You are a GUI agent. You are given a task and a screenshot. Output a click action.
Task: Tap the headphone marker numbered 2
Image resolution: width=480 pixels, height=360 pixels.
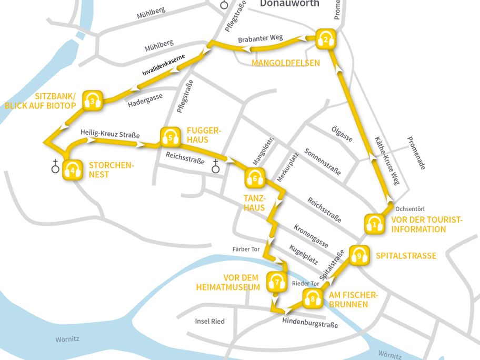pos(326,38)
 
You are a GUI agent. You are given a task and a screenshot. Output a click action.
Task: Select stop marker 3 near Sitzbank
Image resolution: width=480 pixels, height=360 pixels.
pos(93,101)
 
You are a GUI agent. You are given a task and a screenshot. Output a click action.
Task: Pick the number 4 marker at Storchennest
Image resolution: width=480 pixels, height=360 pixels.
pos(73,170)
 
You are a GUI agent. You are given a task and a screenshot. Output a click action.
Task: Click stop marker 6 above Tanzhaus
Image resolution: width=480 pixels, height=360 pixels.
pos(255,178)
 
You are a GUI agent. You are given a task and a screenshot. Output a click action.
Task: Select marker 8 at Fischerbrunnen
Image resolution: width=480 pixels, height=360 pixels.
pos(313,299)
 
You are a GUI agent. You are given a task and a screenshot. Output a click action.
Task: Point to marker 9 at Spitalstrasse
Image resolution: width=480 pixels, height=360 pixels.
pos(359,256)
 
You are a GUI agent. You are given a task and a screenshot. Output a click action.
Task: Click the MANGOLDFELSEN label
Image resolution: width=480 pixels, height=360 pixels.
pos(286,63)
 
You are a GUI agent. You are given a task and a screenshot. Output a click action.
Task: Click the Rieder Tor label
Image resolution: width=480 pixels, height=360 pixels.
pos(305,284)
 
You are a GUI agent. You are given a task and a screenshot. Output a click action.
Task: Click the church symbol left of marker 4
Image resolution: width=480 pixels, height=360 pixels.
pos(54,168)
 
